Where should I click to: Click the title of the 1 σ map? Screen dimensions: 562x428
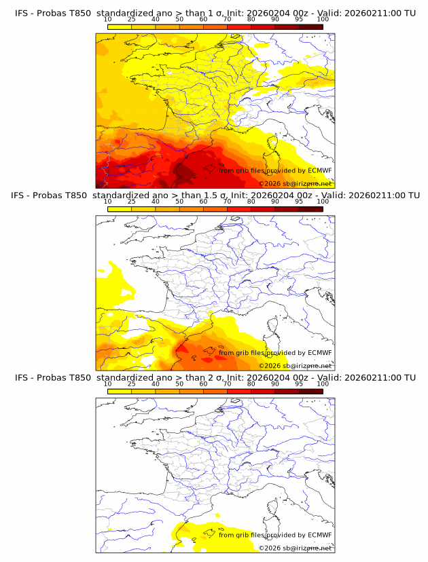pos(215,12)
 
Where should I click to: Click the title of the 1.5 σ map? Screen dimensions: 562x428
pos(215,195)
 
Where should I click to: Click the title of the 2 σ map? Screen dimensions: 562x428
pos(215,377)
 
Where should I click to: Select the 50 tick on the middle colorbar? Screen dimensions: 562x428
pos(179,202)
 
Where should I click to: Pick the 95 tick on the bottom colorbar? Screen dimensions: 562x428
pos(299,384)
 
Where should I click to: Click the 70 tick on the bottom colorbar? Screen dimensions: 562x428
pos(227,384)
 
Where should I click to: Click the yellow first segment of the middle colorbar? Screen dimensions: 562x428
pos(119,209)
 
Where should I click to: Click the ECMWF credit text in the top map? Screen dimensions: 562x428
pos(275,170)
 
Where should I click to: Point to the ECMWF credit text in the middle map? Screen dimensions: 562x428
pos(275,353)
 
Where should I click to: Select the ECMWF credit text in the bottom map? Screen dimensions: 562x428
pos(275,536)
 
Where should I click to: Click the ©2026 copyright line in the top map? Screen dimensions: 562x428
pos(295,184)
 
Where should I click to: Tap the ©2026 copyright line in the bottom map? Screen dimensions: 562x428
pos(295,548)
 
